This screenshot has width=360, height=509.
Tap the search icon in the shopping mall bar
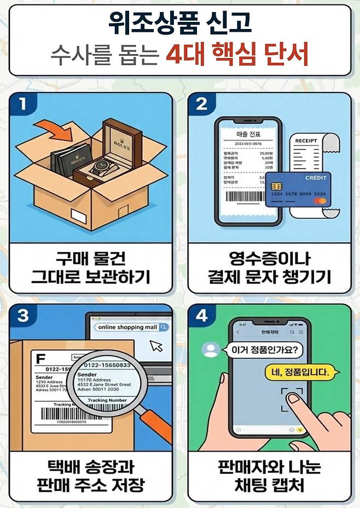coord(164,327)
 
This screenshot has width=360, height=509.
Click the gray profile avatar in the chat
coord(208,349)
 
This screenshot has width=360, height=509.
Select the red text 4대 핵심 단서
coord(237,55)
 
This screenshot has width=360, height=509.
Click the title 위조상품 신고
coord(180,22)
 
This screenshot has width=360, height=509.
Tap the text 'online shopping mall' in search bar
coord(128,327)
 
